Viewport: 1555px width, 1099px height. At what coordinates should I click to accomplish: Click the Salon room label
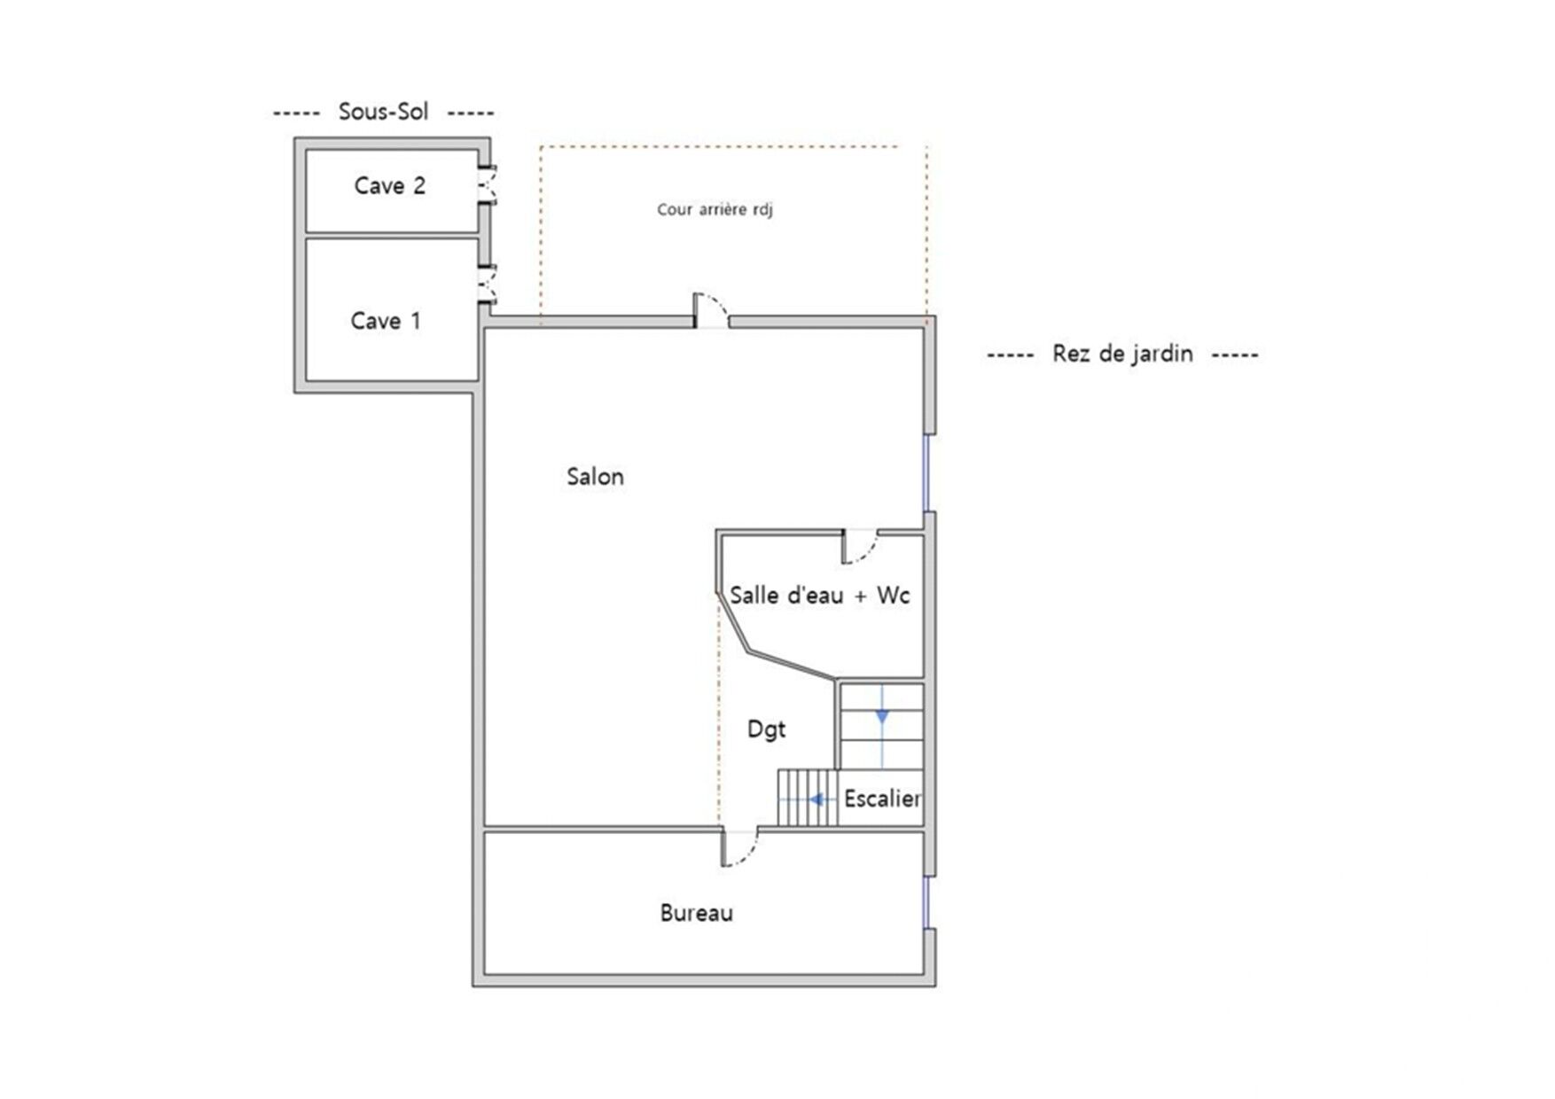click(595, 477)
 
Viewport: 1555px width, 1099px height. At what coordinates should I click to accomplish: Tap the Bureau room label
click(696, 913)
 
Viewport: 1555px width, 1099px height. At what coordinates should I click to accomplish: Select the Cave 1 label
click(386, 321)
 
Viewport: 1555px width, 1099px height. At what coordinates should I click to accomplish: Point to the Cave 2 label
click(389, 185)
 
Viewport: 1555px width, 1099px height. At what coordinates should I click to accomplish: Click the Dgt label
click(766, 729)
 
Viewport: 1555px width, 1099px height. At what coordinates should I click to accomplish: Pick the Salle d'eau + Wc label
click(820, 595)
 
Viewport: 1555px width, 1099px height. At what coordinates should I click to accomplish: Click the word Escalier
click(882, 799)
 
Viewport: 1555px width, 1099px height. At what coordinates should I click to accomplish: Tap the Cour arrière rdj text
click(715, 210)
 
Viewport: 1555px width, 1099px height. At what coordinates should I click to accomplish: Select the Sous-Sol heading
click(383, 112)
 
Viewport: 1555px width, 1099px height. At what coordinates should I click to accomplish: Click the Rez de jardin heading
click(1122, 354)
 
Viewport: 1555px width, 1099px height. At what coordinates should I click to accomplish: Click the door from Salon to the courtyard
click(710, 311)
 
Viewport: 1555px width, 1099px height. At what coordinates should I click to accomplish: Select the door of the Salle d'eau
click(859, 546)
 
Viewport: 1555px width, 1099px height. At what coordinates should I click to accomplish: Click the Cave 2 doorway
click(487, 185)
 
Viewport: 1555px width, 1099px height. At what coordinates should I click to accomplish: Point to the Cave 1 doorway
click(487, 285)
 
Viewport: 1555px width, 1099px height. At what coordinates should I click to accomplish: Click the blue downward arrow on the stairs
click(882, 715)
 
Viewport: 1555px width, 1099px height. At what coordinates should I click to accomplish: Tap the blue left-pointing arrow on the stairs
click(818, 799)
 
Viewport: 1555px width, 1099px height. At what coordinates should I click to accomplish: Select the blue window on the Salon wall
click(927, 472)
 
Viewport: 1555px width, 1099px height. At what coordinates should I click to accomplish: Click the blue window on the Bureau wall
click(927, 902)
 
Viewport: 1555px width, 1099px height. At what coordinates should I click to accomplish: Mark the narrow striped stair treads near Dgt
click(808, 798)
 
